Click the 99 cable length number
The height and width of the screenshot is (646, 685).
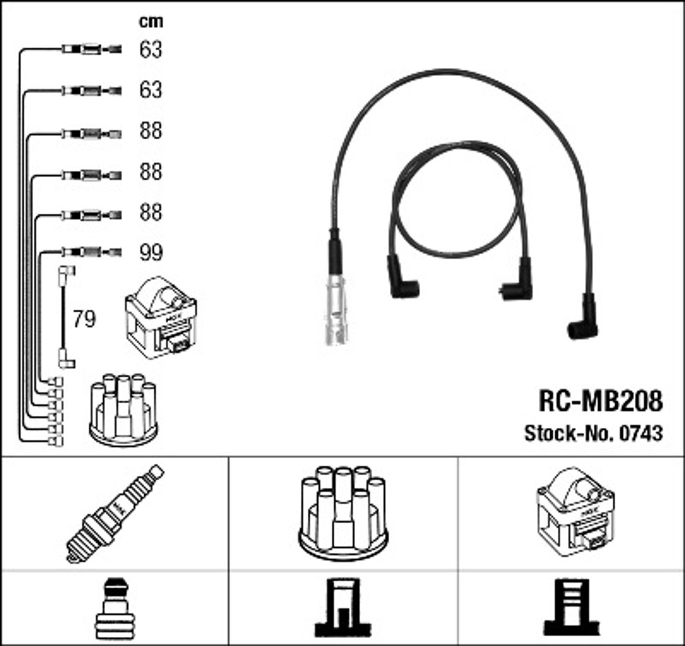151,252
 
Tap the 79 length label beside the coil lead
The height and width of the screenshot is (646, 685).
84,319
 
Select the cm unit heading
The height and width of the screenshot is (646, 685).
151,21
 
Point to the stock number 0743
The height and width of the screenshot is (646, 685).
641,433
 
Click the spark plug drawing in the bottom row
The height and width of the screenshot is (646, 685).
115,513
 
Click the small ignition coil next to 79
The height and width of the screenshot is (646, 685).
161,318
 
